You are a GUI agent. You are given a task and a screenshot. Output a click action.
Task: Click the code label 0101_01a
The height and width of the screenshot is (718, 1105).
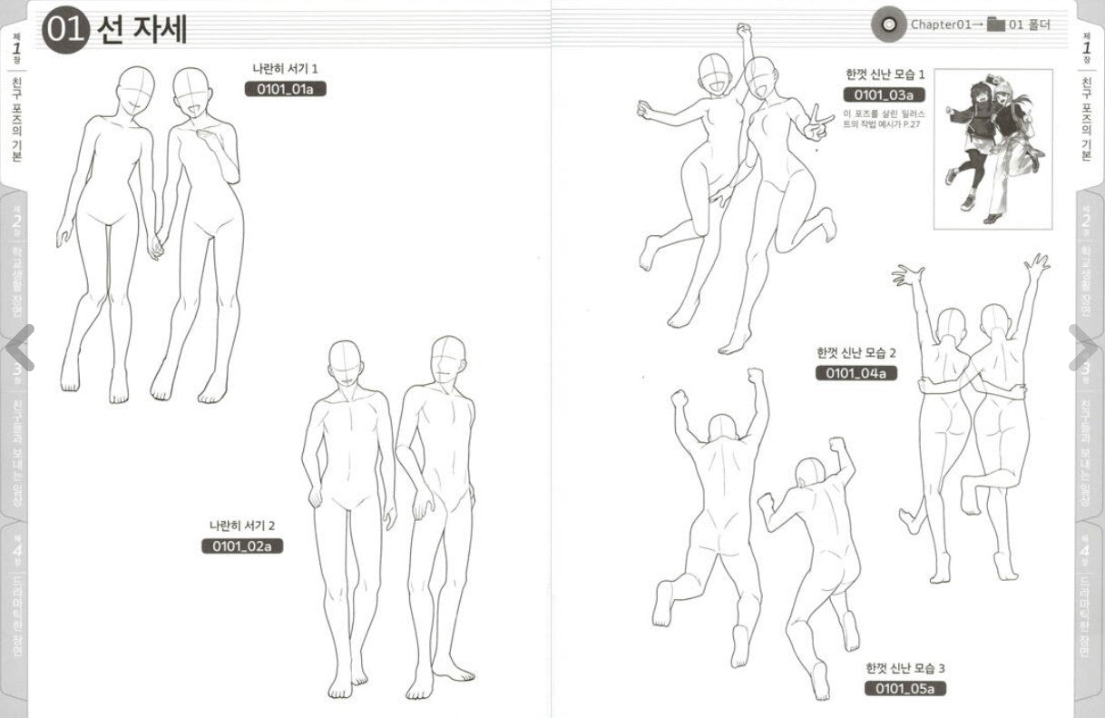click(285, 89)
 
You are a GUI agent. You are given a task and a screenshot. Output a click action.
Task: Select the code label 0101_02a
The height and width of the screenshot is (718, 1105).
click(242, 546)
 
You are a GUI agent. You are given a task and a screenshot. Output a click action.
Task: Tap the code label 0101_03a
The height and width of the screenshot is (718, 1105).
click(884, 95)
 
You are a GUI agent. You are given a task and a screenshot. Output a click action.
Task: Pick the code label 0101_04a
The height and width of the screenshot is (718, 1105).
click(856, 373)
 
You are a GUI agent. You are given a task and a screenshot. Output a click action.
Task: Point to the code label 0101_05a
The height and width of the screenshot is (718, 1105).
click(905, 689)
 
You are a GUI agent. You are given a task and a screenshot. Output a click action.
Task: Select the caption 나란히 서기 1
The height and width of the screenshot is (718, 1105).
click(285, 68)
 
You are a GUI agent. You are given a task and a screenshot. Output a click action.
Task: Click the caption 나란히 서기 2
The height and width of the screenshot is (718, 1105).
click(241, 526)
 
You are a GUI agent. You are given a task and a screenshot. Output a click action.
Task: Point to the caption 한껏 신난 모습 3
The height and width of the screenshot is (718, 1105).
click(905, 668)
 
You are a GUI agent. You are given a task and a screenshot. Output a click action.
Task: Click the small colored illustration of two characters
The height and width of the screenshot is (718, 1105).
click(993, 148)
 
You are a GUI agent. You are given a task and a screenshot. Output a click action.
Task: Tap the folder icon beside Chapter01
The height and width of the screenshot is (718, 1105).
click(996, 25)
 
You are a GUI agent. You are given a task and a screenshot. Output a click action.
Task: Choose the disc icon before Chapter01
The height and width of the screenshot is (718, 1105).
click(886, 25)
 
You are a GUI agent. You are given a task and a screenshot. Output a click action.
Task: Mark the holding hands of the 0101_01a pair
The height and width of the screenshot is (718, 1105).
click(156, 245)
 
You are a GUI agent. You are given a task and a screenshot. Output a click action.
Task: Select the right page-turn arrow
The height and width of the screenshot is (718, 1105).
click(1086, 346)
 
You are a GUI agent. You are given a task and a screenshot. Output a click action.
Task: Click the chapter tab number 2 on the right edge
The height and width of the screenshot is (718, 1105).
click(1086, 221)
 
